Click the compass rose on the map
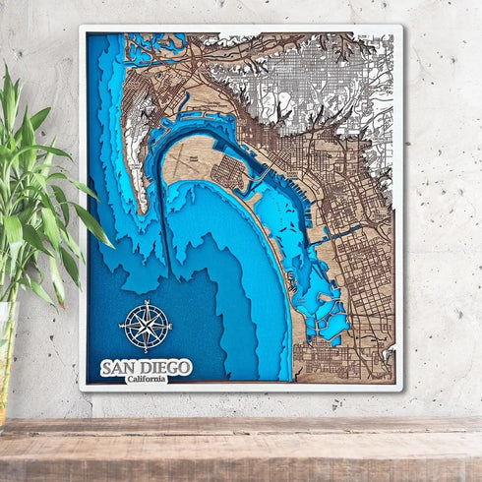click(145, 327)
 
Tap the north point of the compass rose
click(145, 303)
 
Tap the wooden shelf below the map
click(241, 448)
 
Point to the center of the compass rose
click(145, 327)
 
